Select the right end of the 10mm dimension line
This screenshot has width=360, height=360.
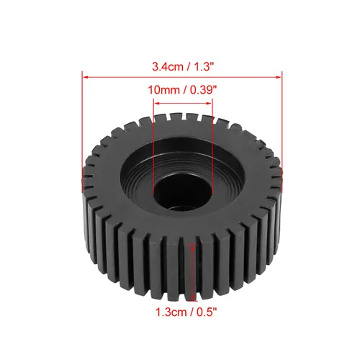coord(213,102)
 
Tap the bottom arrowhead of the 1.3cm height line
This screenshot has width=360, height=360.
coord(192,301)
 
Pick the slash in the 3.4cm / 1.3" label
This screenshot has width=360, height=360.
coord(183,66)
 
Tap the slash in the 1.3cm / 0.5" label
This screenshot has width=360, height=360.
coord(191,312)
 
